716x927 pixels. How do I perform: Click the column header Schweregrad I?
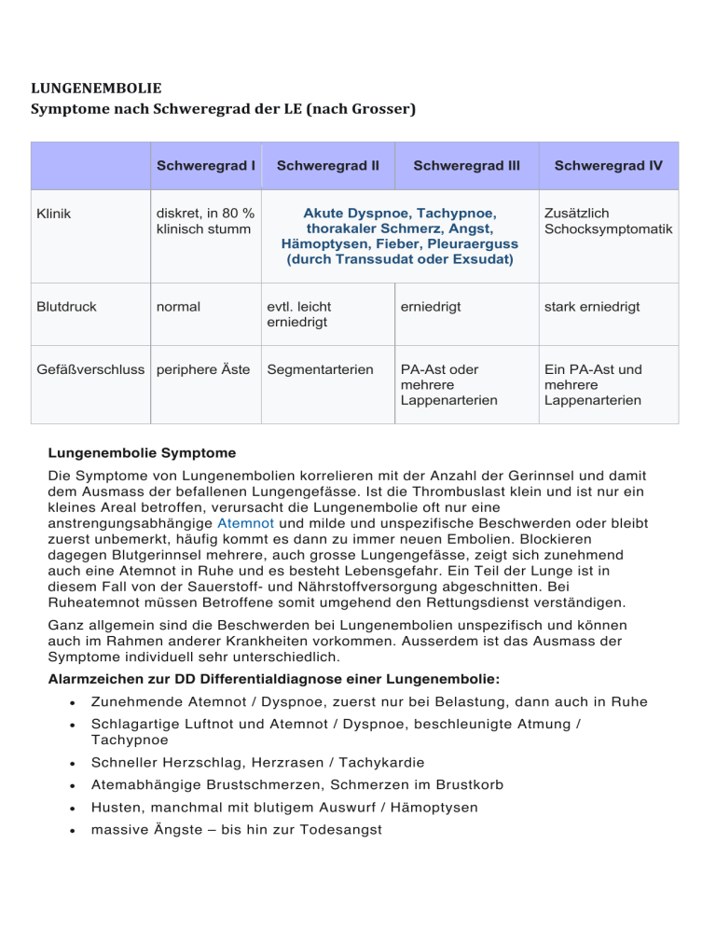coord(206,166)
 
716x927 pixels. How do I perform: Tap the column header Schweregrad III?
coord(466,166)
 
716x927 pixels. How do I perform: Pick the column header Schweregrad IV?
coord(608,166)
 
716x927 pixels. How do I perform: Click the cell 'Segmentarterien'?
coord(316,368)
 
